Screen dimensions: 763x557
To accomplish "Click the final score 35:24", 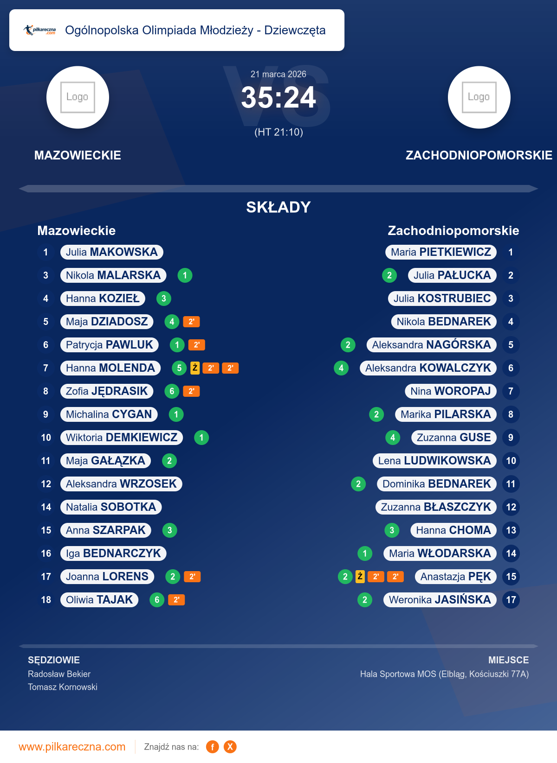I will (x=278, y=98).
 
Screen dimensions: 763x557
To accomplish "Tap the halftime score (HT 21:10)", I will (x=278, y=132).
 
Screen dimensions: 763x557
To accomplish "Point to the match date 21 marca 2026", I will (x=278, y=74).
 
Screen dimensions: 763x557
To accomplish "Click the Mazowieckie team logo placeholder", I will (x=78, y=97).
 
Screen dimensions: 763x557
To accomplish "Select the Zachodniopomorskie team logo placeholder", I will (x=479, y=97).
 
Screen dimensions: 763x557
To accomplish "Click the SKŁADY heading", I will (x=278, y=207).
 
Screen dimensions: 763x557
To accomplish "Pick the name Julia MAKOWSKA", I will (x=111, y=252).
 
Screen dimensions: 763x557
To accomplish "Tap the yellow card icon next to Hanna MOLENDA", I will (x=195, y=368).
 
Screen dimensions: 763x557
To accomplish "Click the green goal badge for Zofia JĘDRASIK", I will (x=172, y=391).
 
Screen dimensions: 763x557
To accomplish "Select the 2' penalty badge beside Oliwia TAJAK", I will (x=176, y=600).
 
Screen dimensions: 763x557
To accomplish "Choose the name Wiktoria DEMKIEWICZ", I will (x=122, y=438).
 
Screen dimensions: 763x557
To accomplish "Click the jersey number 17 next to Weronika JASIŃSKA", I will (x=511, y=600).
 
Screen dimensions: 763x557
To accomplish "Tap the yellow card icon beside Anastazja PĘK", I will (x=360, y=577).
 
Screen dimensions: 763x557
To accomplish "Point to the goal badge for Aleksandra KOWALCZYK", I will (x=341, y=368).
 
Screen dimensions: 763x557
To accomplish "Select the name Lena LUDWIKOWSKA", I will (x=434, y=461).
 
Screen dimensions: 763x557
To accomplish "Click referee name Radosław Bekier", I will (x=59, y=674).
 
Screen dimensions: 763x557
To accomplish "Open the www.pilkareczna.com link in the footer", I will (x=72, y=747).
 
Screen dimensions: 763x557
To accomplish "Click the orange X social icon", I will (x=230, y=747).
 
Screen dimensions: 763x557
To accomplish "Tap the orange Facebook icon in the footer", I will (x=213, y=747).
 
